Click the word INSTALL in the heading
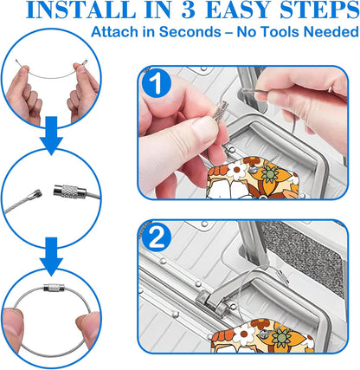tap(80, 10)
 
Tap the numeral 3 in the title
tap(189, 10)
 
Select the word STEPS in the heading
tap(319, 10)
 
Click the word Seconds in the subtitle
tap(190, 31)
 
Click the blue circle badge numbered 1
tap(157, 84)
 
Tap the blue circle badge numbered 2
tap(157, 238)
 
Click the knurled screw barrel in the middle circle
tap(70, 191)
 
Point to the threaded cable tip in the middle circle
tap(35, 195)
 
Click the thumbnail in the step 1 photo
tap(205, 129)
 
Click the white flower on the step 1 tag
tap(236, 169)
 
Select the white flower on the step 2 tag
tap(242, 334)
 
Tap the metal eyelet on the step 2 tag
tap(263, 334)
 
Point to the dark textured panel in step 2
tap(305, 254)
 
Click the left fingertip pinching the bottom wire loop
tap(13, 323)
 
